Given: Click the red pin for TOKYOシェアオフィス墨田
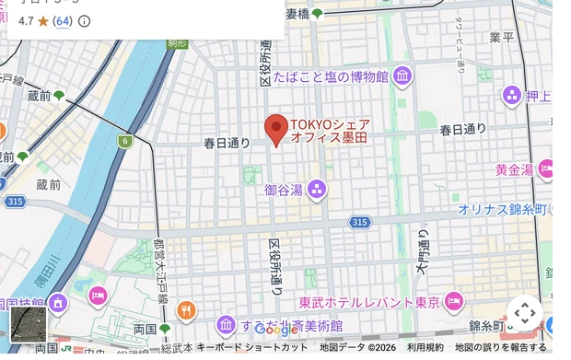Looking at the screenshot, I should pos(276,130).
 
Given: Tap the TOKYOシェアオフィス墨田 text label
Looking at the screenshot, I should pos(331,131).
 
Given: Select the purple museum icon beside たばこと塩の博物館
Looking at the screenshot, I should pos(402,77).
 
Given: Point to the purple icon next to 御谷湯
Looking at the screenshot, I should pos(317,191).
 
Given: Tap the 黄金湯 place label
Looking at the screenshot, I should pos(514,169).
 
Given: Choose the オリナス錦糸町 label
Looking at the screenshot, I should pos(503,209).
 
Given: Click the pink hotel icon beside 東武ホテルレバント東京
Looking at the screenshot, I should pos(453,301).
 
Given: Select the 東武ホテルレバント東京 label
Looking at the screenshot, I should pos(370,302).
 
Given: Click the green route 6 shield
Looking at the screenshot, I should pos(124,141).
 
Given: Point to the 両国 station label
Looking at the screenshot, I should pos(146,329).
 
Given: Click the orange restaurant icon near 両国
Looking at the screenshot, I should pos(186,310).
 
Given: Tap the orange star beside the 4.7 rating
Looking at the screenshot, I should pos(42,21).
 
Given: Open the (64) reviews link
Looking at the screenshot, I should pos(63,21).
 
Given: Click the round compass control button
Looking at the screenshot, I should pos(525,312).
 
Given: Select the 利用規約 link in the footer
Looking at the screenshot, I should pos(425,347).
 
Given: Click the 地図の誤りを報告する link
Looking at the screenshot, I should pos(500,347).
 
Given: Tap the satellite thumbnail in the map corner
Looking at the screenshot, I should pos(28,324).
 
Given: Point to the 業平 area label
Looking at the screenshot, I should pos(502,37).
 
